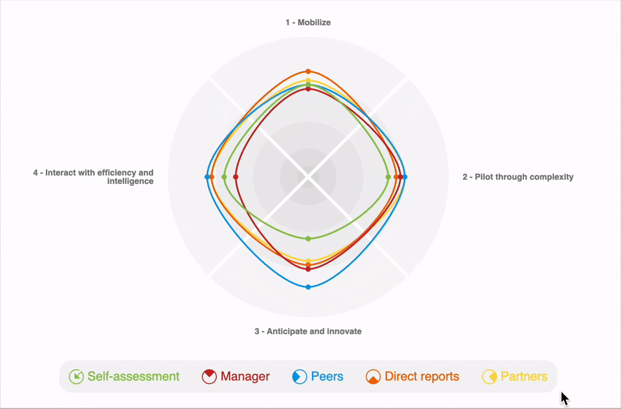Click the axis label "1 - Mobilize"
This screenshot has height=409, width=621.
coord(308,22)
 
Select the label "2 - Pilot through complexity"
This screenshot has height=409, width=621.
coord(517,177)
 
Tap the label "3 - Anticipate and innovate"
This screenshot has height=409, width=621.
coord(308,331)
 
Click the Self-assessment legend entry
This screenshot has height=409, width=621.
coord(124,377)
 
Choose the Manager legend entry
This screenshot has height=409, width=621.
coord(236,377)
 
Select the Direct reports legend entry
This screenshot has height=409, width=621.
coord(413,377)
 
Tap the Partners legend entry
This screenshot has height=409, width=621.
coord(515,377)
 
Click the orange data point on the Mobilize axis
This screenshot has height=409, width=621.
coord(308,71)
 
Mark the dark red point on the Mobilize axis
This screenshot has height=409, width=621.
coord(308,89)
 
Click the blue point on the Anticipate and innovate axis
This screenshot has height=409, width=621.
coord(308,287)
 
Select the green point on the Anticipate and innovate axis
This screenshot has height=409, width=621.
coord(308,238)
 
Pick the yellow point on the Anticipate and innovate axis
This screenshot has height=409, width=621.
coord(308,261)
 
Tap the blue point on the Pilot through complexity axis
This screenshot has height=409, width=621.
coord(405,177)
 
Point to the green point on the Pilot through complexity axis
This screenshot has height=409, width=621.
coord(388,177)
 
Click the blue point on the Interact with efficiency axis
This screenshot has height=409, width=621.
coord(207,177)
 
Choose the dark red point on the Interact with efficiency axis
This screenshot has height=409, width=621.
coord(236,177)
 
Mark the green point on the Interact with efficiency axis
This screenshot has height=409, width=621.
coord(224,177)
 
